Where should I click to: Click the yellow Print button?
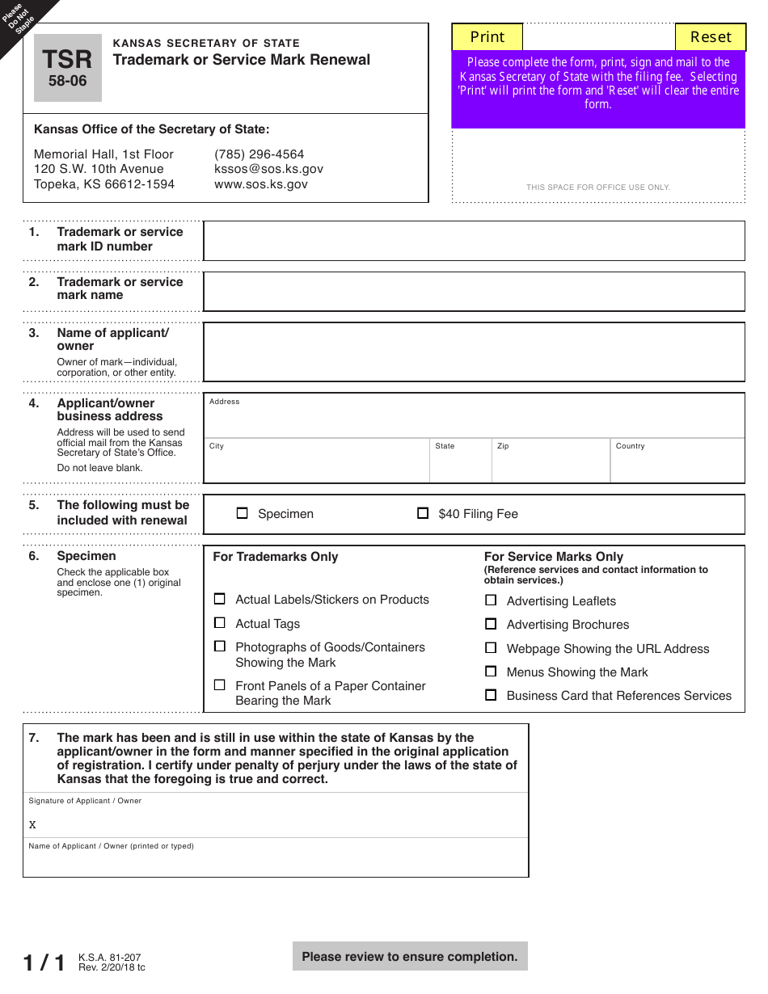pos(487,37)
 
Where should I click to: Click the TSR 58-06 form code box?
pos(68,68)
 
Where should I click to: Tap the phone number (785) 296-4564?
pos(259,154)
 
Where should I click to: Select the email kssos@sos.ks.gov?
pos(268,169)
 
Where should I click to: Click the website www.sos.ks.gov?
pos(260,184)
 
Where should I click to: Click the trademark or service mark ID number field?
pos(474,241)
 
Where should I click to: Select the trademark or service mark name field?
pos(474,292)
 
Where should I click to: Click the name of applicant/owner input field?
pos(474,352)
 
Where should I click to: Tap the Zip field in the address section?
pos(551,465)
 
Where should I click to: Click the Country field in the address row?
pos(677,465)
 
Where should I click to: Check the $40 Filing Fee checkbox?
pos(423,513)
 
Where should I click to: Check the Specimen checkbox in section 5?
pos(243,513)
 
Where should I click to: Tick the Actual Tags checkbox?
pos(220,623)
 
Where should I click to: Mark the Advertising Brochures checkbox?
pos(491,624)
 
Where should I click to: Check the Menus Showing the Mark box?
pos(491,672)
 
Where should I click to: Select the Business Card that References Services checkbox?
pos(491,695)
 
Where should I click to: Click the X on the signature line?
pos(32,825)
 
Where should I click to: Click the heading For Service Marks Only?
pos(554,557)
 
